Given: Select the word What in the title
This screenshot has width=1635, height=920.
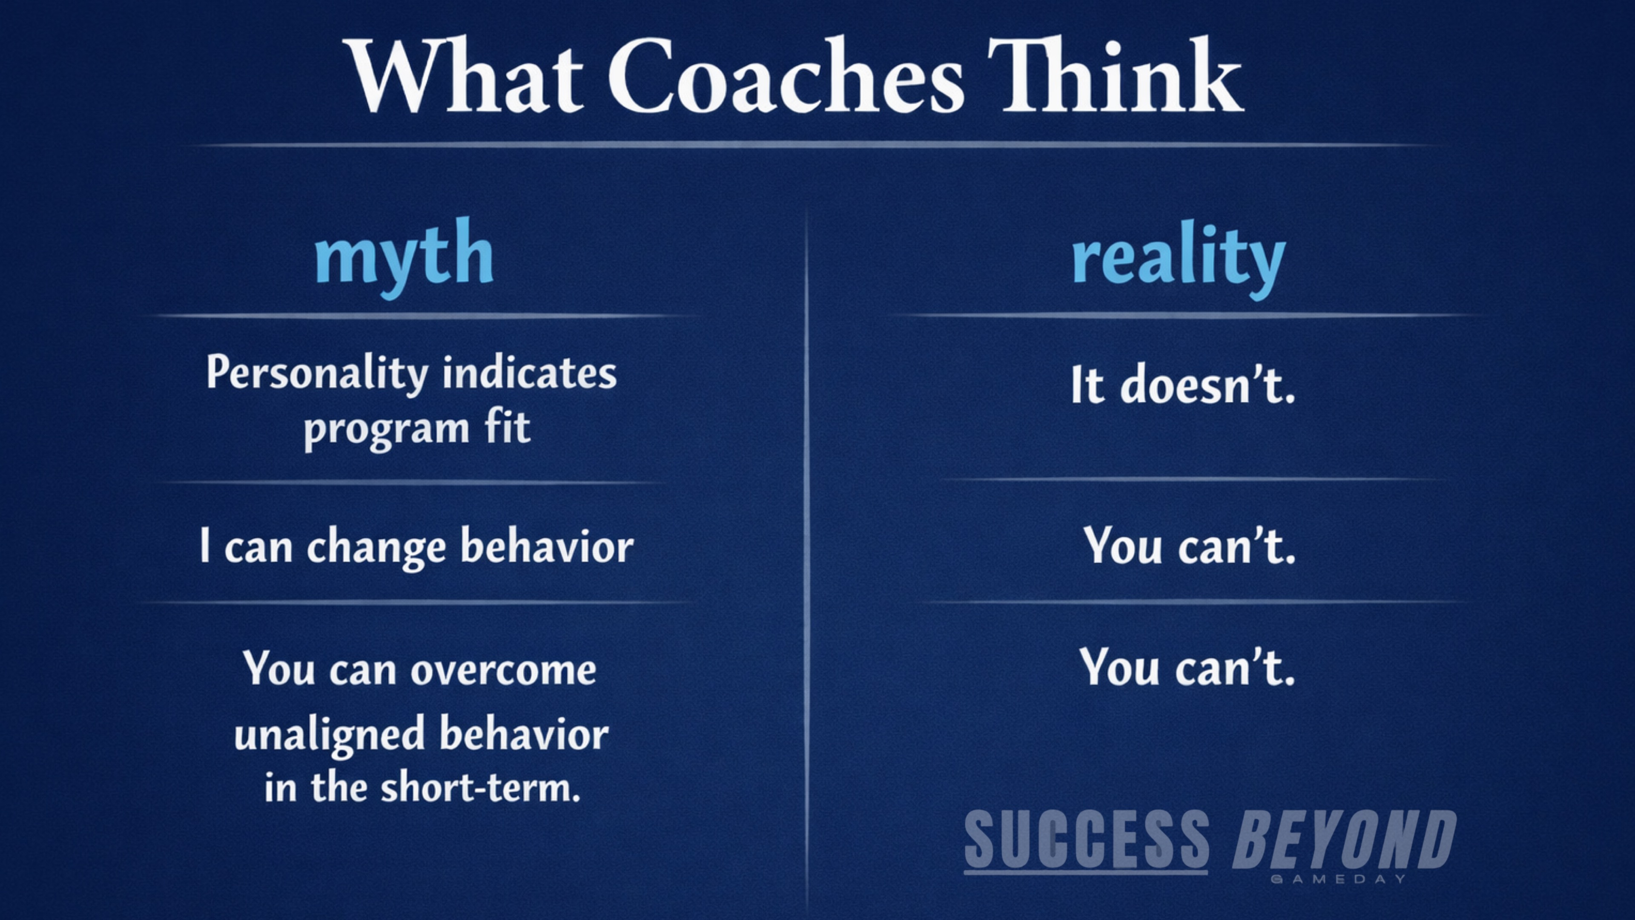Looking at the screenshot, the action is point(465,75).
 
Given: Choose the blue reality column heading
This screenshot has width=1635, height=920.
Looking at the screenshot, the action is point(1179,259).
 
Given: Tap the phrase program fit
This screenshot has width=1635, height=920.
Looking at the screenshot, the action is point(417,430).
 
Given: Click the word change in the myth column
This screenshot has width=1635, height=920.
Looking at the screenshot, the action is point(376,546).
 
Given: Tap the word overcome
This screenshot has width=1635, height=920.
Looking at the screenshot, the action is point(503,670).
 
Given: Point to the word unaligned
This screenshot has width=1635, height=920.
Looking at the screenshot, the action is point(330,735).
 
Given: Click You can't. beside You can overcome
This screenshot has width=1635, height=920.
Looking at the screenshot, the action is point(1188,667).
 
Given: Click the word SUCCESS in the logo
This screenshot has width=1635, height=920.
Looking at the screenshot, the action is point(1087,839).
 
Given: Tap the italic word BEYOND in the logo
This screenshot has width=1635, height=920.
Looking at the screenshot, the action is point(1344,839).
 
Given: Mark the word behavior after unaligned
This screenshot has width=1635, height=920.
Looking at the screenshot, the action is point(524,733).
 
